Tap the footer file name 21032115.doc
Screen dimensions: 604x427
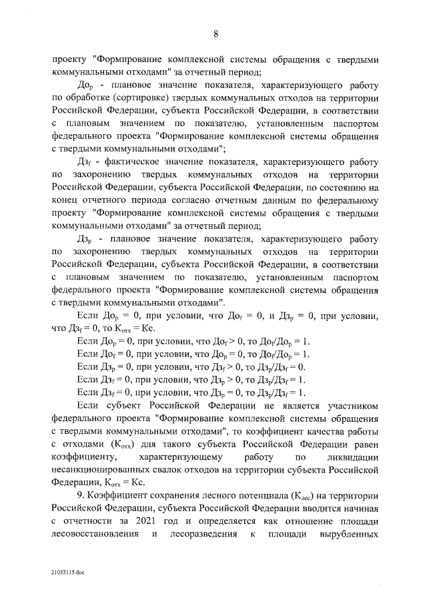(x=67, y=573)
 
